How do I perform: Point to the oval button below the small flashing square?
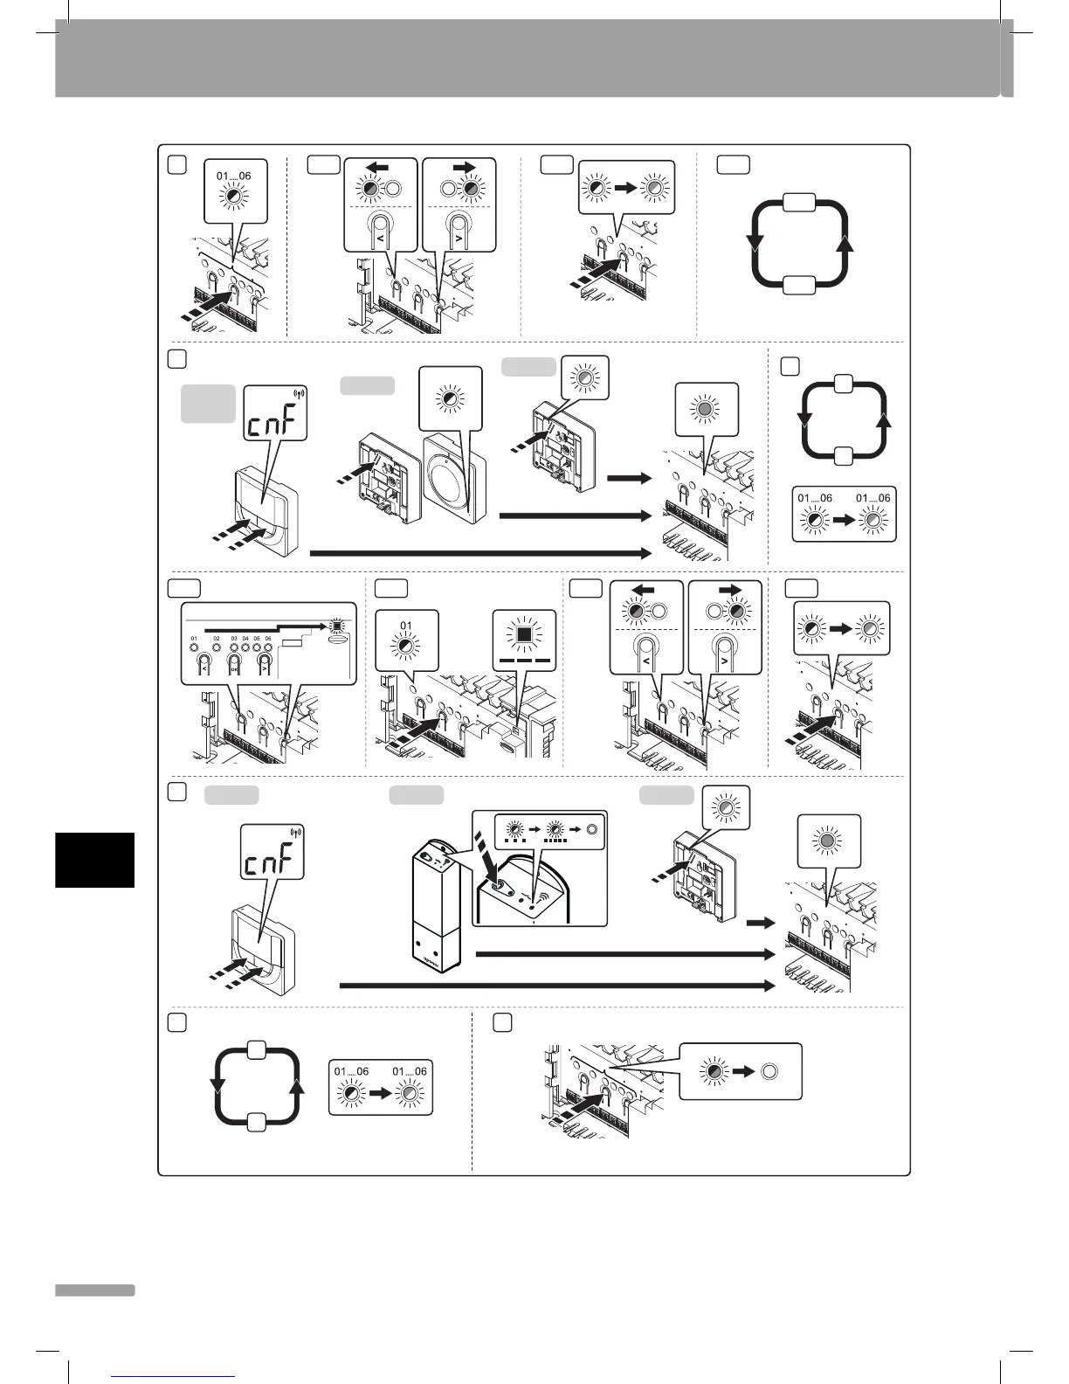coord(334,640)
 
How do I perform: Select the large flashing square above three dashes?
coord(524,629)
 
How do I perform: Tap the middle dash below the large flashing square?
coord(524,661)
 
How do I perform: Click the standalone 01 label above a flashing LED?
coord(405,626)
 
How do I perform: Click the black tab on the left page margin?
coord(94,860)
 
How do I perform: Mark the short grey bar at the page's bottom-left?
coord(94,1290)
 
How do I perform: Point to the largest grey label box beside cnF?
coord(208,404)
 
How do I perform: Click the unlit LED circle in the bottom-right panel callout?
coord(769,1071)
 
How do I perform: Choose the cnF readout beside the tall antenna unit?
coord(272,862)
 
